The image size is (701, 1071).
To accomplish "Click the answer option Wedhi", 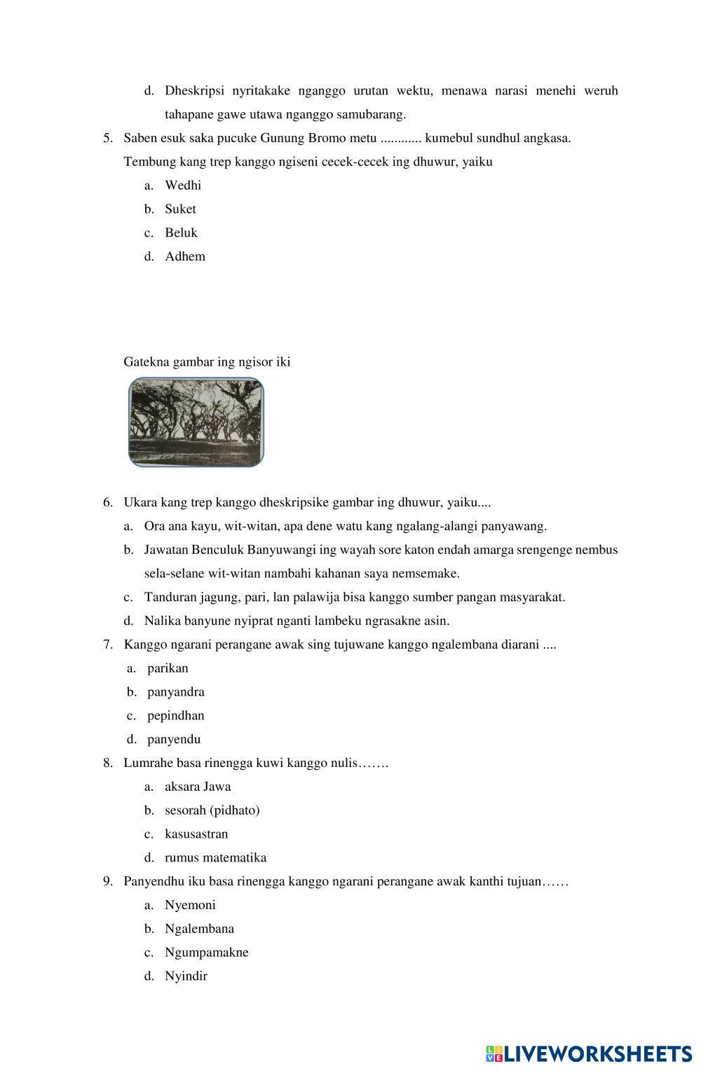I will (182, 186).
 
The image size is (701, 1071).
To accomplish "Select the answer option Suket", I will (180, 209).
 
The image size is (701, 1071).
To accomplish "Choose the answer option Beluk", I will (181, 233).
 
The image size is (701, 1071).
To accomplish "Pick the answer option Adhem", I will (185, 257).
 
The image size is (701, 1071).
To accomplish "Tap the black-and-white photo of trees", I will (196, 422).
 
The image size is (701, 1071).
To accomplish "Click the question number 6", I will (108, 502).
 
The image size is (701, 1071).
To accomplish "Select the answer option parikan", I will (168, 669).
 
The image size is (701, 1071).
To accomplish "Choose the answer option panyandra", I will (175, 693).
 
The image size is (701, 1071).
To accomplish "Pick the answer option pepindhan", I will (175, 716).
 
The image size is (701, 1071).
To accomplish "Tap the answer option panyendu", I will (173, 740).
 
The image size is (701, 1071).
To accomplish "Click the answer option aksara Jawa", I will (197, 787).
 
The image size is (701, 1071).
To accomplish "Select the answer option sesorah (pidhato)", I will (212, 811).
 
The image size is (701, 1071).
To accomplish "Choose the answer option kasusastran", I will (196, 834).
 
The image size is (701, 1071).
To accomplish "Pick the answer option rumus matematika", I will (215, 858).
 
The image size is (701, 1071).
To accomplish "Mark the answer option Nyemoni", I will (190, 906).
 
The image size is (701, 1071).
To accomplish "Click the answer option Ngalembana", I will (199, 930).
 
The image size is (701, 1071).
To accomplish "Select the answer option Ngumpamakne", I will (206, 953).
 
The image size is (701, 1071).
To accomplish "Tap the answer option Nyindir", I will (186, 976).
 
